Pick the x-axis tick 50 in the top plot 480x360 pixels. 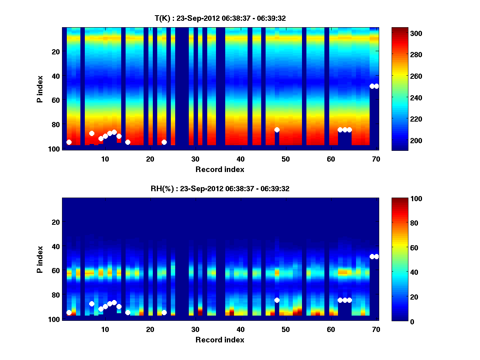tap(286, 159)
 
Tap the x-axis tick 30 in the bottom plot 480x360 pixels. tap(195, 329)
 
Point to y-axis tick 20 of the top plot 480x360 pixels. tap(56, 52)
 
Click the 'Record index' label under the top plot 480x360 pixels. tap(220, 169)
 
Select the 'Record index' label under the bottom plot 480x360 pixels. tap(220, 340)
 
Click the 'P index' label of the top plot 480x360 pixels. tap(40, 88)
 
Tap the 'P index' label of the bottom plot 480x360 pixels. tap(40, 259)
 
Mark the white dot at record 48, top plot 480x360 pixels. tap(277, 130)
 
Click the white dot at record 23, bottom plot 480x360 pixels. tap(164, 312)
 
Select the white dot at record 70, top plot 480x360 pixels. tap(376, 86)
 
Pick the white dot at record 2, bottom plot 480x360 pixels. tap(69, 312)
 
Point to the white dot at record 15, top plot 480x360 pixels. tap(128, 142)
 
